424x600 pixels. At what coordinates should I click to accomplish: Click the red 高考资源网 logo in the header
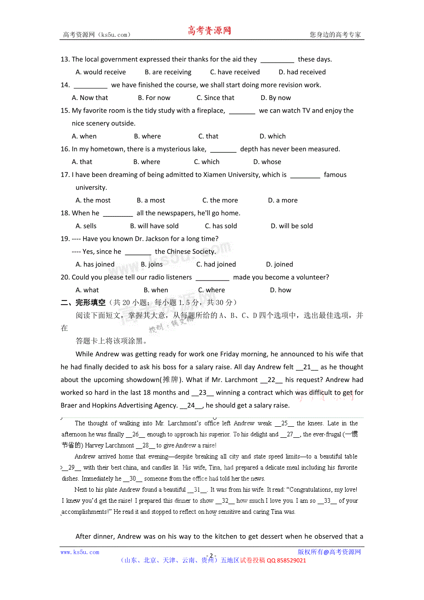[x=209, y=31]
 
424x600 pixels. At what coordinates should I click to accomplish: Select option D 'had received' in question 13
[x=302, y=72]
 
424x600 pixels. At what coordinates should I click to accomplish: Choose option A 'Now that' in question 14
[x=90, y=98]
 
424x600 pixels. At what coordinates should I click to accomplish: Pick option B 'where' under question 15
[x=147, y=136]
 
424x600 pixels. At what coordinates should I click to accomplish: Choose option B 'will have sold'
[x=154, y=226]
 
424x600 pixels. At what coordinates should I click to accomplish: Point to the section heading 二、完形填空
[x=83, y=302]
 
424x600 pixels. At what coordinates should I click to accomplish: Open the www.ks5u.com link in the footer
[x=80, y=552]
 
